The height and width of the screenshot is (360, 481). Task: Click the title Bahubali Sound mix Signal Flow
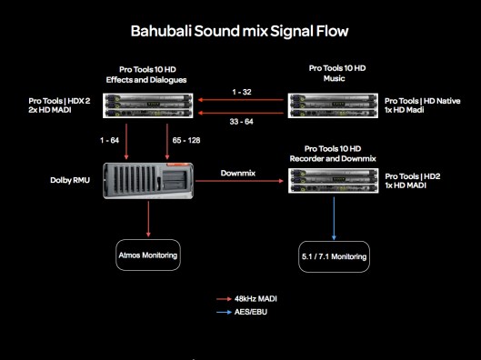(x=240, y=32)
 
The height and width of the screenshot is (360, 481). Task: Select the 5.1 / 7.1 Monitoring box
(x=335, y=257)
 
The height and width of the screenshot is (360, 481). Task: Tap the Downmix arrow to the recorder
(x=237, y=182)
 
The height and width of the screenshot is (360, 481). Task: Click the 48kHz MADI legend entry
(x=247, y=297)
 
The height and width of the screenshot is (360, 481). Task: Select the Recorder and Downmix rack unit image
(x=333, y=181)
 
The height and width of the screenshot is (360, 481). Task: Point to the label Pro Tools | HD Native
(x=426, y=100)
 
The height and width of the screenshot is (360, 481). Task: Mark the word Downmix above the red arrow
(x=237, y=171)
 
